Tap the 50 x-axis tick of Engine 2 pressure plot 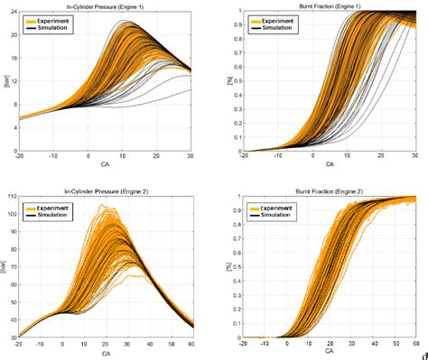pos(172,344)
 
